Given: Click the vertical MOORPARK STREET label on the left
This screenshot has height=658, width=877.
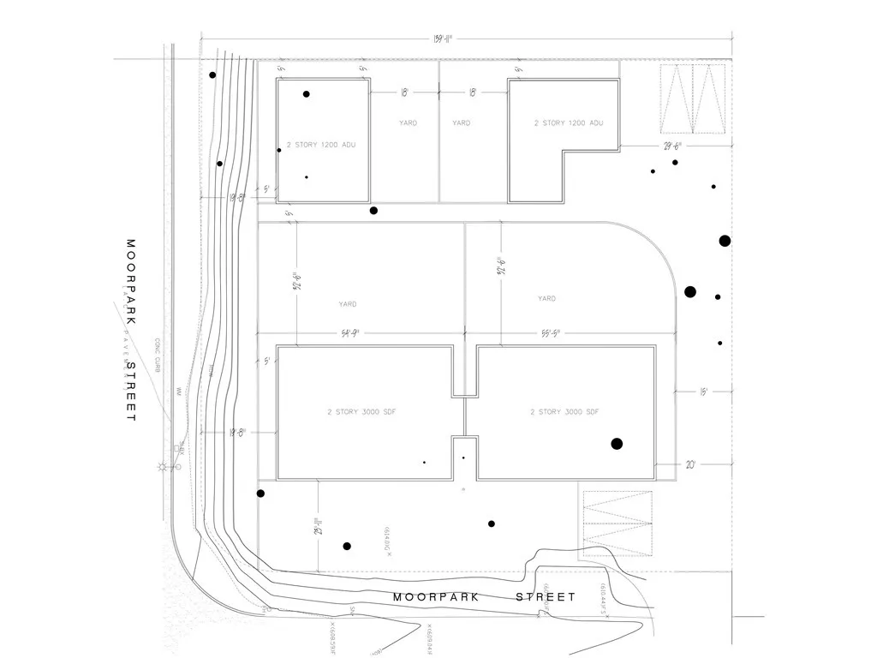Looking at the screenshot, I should [131, 330].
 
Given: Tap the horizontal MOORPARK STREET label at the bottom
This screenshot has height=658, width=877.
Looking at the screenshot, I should [484, 596].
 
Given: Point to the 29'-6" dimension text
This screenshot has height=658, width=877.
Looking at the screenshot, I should [672, 146].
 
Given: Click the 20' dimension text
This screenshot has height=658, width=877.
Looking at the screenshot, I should [690, 464].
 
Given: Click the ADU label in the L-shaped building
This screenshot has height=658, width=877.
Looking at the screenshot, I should [569, 123].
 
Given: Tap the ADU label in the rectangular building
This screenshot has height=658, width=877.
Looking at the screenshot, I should [320, 145].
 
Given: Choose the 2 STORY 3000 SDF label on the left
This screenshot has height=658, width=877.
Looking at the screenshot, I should [361, 412].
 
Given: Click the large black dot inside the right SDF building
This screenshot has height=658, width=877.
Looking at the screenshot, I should [616, 443].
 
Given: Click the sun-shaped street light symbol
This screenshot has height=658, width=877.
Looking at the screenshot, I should [161, 467].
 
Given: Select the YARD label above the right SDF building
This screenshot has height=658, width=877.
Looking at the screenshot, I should [546, 299].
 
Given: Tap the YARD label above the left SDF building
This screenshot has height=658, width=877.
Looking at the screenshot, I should [347, 304].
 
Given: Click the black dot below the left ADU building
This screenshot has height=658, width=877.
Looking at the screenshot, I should [373, 210].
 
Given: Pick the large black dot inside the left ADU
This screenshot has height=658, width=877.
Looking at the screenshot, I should [306, 94].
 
